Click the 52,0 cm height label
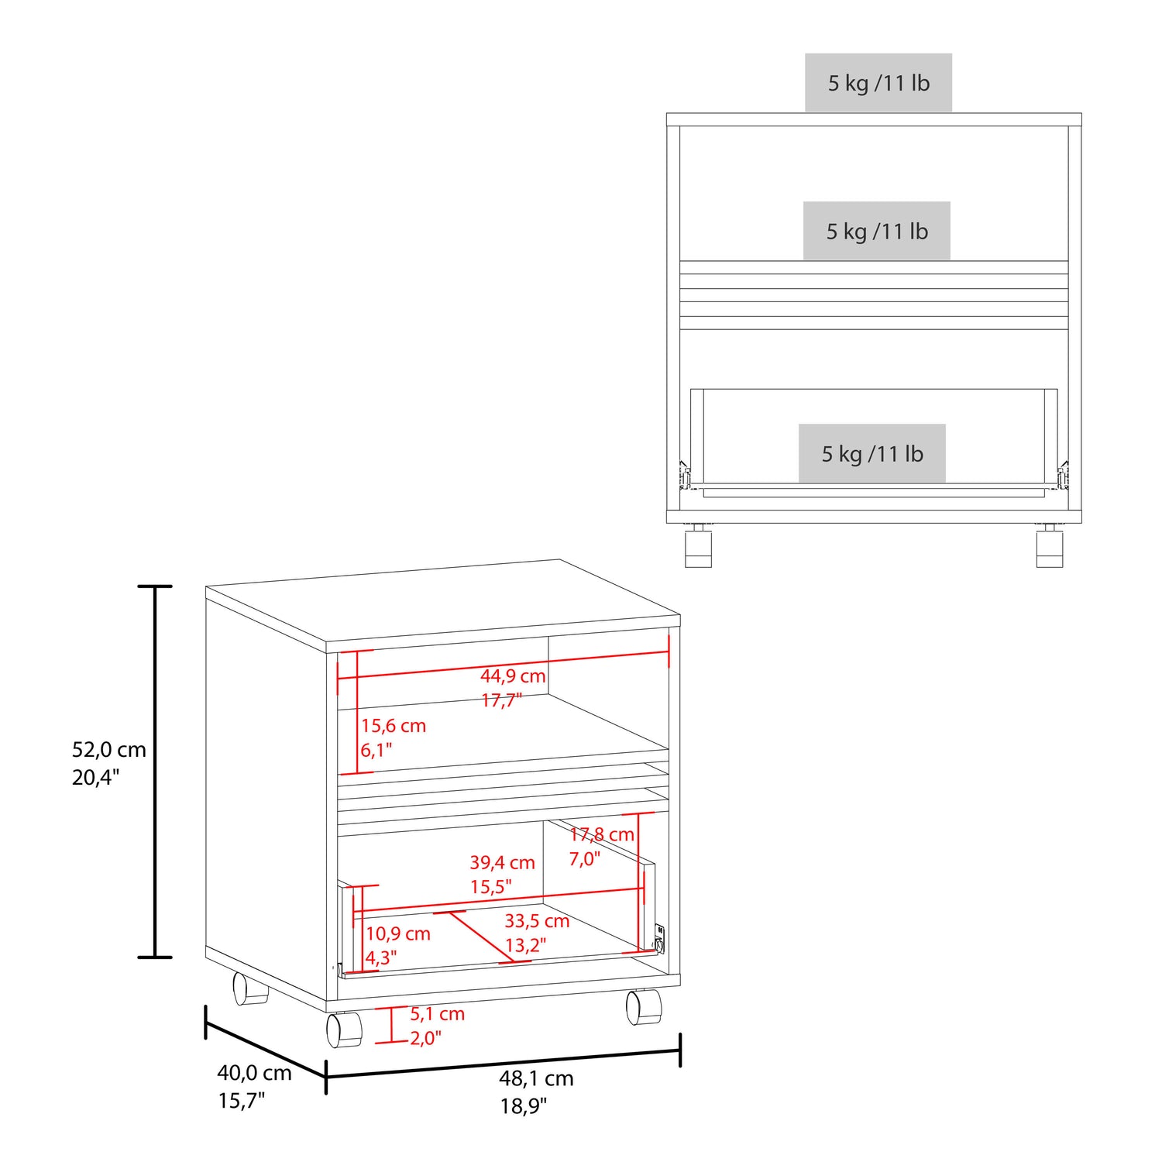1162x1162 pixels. pyautogui.click(x=109, y=750)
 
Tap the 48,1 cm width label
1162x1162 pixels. pyautogui.click(x=536, y=1078)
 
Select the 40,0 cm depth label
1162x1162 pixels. pyautogui.click(x=254, y=1073)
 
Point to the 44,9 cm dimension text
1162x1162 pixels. pyautogui.click(x=513, y=676)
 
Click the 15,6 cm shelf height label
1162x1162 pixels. pyautogui.click(x=394, y=726)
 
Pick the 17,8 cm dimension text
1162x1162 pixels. pyautogui.click(x=602, y=834)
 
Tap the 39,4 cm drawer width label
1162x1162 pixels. pyautogui.click(x=502, y=862)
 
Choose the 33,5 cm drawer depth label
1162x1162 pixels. pyautogui.click(x=537, y=921)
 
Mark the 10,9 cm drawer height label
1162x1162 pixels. pyautogui.click(x=398, y=933)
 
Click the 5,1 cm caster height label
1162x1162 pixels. pyautogui.click(x=437, y=1014)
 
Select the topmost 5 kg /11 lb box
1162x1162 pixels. pyautogui.click(x=878, y=83)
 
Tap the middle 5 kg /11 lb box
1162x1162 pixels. pyautogui.click(x=877, y=231)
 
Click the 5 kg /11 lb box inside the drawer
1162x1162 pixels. pyautogui.click(x=872, y=453)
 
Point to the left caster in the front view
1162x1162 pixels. pyautogui.click(x=698, y=545)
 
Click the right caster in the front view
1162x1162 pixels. pyautogui.click(x=1050, y=545)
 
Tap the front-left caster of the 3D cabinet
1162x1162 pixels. pyautogui.click(x=344, y=1030)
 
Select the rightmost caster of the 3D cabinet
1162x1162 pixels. pyautogui.click(x=644, y=1006)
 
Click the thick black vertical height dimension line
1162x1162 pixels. pyautogui.click(x=156, y=772)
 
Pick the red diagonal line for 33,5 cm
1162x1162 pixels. pyautogui.click(x=481, y=937)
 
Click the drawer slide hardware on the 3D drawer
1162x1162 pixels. pyautogui.click(x=659, y=939)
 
